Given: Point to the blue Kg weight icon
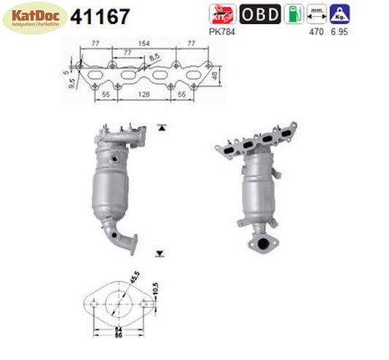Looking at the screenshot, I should click(337, 13).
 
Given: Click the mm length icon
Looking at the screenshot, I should click(316, 13).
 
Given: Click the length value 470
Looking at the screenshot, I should click(317, 31).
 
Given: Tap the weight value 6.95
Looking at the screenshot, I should click(338, 31).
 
